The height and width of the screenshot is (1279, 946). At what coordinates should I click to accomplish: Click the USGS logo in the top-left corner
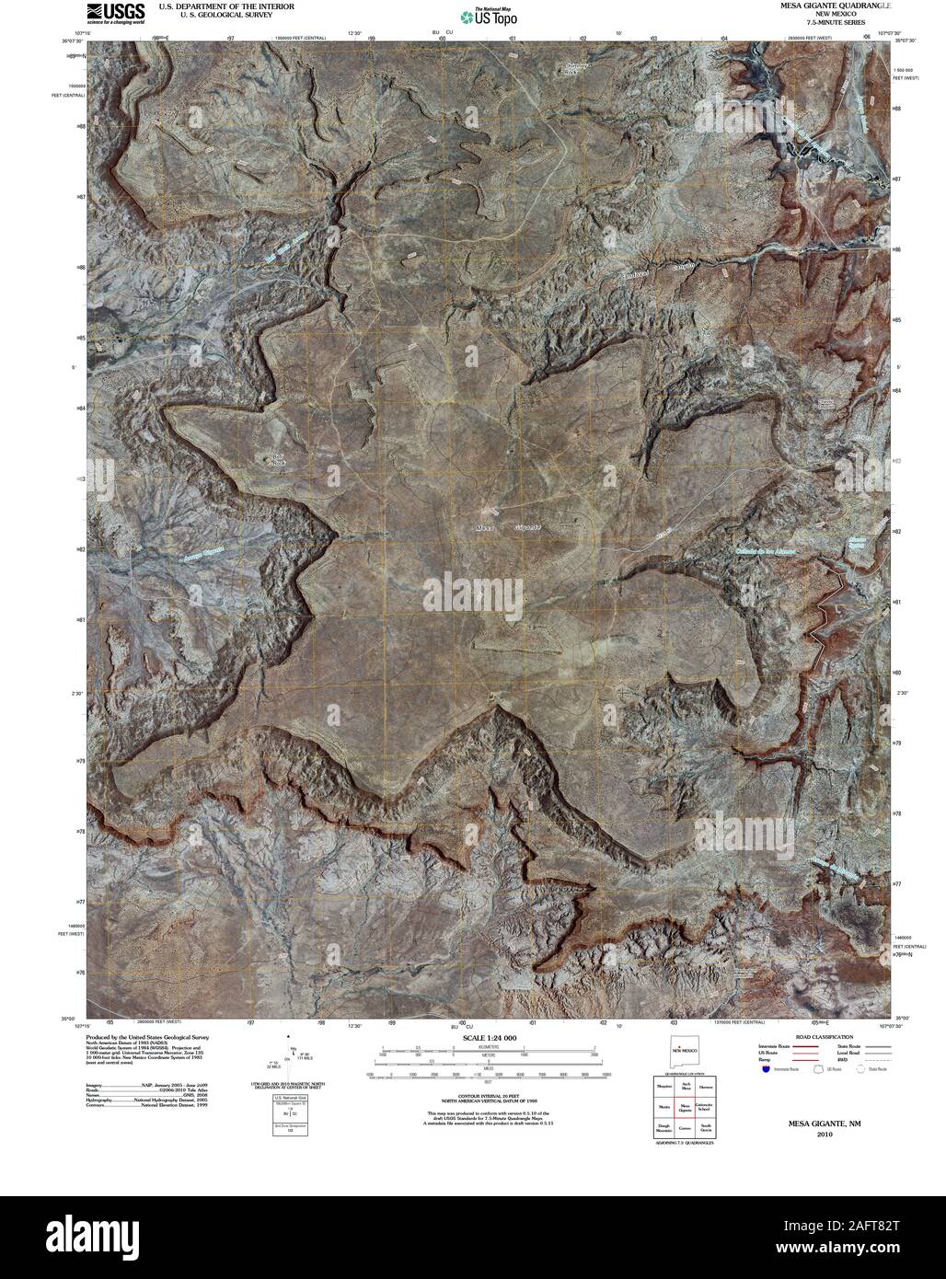115,13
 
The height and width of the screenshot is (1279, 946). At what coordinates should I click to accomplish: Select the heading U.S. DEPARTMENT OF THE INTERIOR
226,6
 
